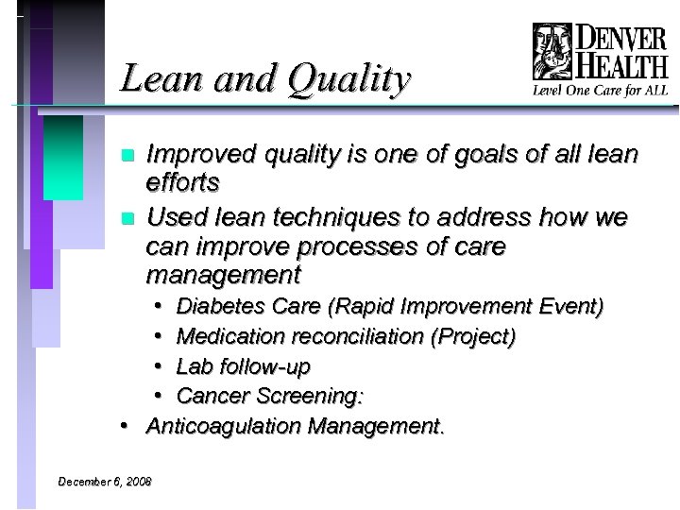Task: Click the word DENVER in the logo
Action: tap(620, 39)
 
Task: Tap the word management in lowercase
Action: tap(223, 276)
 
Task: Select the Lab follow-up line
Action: tap(243, 365)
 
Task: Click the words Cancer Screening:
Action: tap(270, 395)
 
